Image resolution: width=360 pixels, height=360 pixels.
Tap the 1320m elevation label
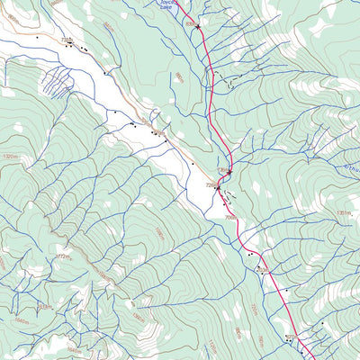pyautogui.click(x=11, y=156)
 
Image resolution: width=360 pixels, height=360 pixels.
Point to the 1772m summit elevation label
pyautogui.click(x=62, y=257)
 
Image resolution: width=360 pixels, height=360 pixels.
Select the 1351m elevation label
pyautogui.click(x=342, y=212)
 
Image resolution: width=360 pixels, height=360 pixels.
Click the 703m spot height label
pyautogui.click(x=262, y=268)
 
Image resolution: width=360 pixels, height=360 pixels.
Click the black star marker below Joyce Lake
pyautogui.click(x=198, y=28)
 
